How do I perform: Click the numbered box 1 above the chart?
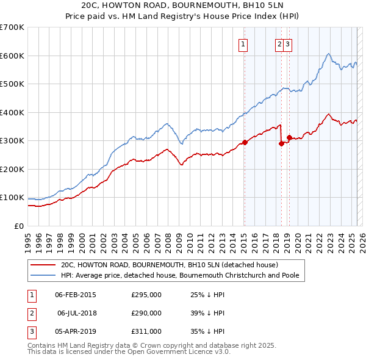[x=243, y=43]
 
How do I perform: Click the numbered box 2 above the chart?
[x=279, y=43]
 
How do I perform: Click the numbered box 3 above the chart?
[x=287, y=43]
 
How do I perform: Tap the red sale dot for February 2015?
[x=245, y=142]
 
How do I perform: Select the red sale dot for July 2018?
[x=281, y=144]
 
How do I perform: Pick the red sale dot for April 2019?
[x=289, y=138]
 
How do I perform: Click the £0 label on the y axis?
[x=20, y=226]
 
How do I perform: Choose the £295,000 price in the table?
[x=146, y=295]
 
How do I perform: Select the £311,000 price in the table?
[x=146, y=331]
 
